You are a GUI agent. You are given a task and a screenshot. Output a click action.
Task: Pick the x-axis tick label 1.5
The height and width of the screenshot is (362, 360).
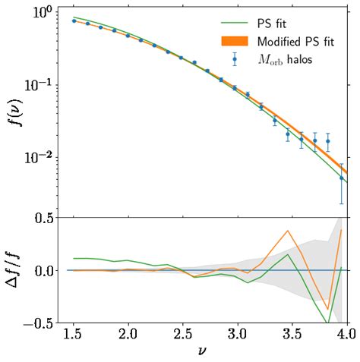point(74,335)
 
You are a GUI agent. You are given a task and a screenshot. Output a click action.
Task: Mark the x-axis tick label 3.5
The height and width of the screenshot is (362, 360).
point(292,335)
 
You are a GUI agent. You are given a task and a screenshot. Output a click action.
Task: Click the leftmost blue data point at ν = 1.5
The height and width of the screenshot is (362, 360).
point(74,21)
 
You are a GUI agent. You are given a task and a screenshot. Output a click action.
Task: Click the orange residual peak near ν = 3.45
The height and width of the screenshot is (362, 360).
point(288,231)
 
